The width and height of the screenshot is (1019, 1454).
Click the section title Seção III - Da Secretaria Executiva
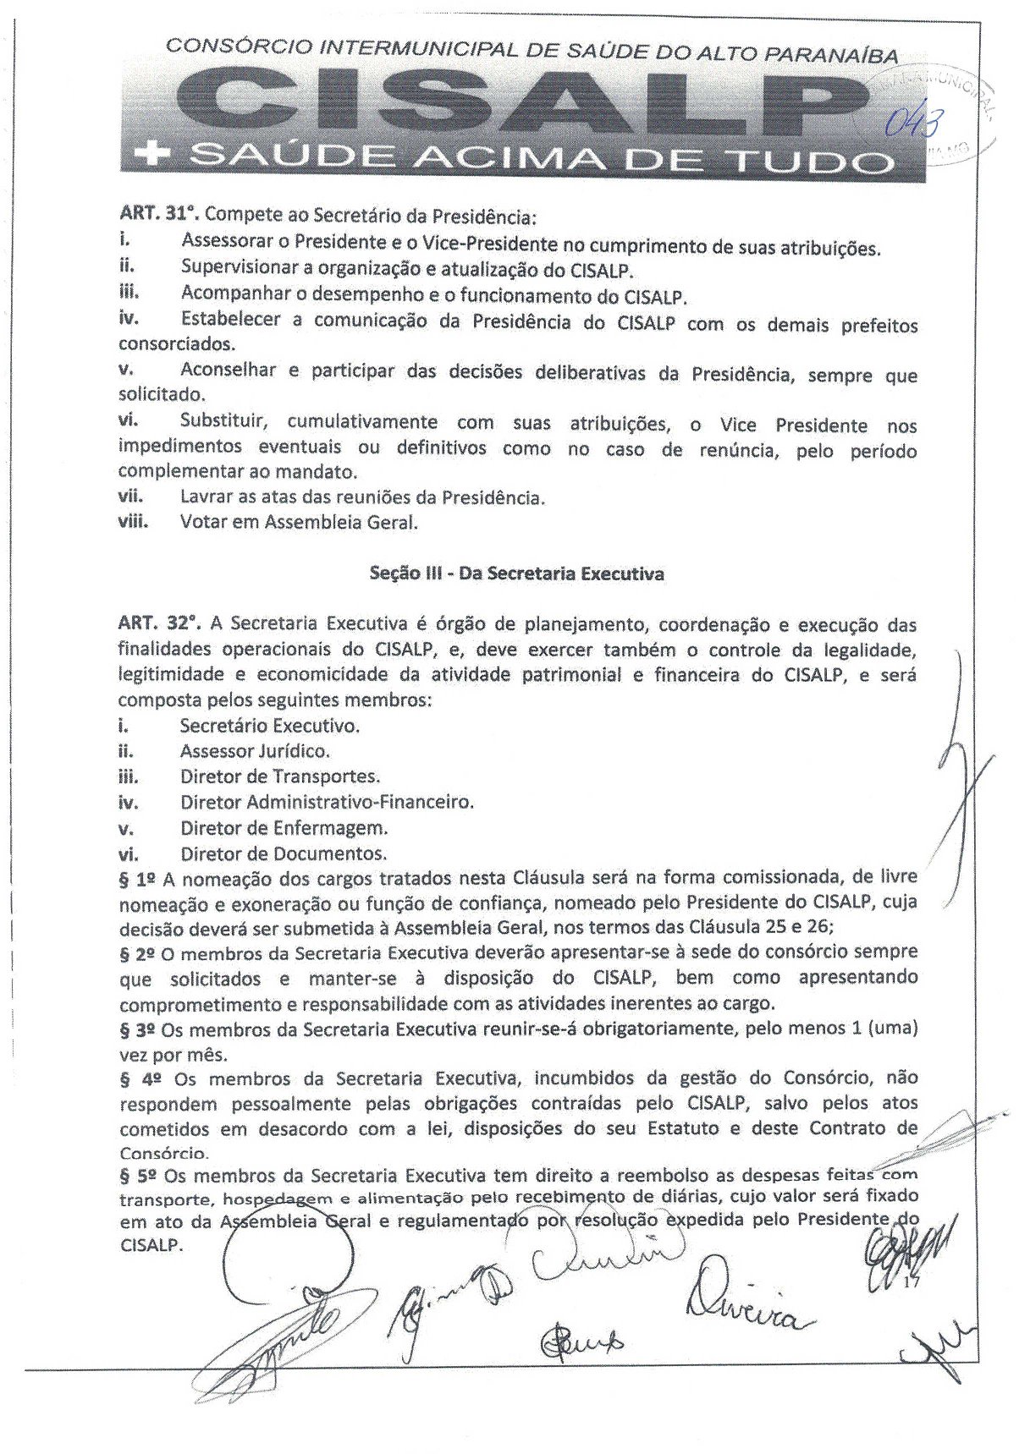(x=516, y=574)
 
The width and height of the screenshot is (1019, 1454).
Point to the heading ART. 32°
(x=159, y=624)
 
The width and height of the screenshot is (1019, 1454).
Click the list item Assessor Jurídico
(x=255, y=751)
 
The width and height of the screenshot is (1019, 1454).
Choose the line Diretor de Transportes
(x=279, y=776)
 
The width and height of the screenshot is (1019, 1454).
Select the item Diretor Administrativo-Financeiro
(x=327, y=802)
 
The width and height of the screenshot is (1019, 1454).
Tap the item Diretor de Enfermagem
(x=284, y=827)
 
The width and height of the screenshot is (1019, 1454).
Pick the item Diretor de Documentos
(x=283, y=853)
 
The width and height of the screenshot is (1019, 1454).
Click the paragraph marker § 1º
(x=137, y=880)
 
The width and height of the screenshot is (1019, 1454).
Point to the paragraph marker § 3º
(x=137, y=1030)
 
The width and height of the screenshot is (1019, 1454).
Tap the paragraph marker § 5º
(x=137, y=1176)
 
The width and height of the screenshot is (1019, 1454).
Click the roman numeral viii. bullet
(x=133, y=522)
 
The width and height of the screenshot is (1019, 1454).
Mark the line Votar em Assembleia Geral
(x=299, y=523)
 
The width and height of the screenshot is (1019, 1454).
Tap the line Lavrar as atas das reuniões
(x=361, y=497)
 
